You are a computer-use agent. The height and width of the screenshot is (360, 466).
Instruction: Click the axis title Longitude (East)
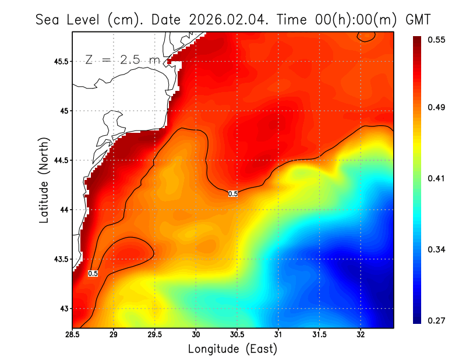tap(232, 349)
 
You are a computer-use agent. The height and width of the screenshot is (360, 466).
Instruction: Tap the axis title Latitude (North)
tap(44, 180)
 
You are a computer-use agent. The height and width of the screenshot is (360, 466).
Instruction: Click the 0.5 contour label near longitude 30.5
tap(233, 194)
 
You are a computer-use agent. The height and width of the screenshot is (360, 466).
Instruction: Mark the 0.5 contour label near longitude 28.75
tap(93, 273)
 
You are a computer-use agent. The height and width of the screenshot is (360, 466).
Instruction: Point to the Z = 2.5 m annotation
tap(123, 60)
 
